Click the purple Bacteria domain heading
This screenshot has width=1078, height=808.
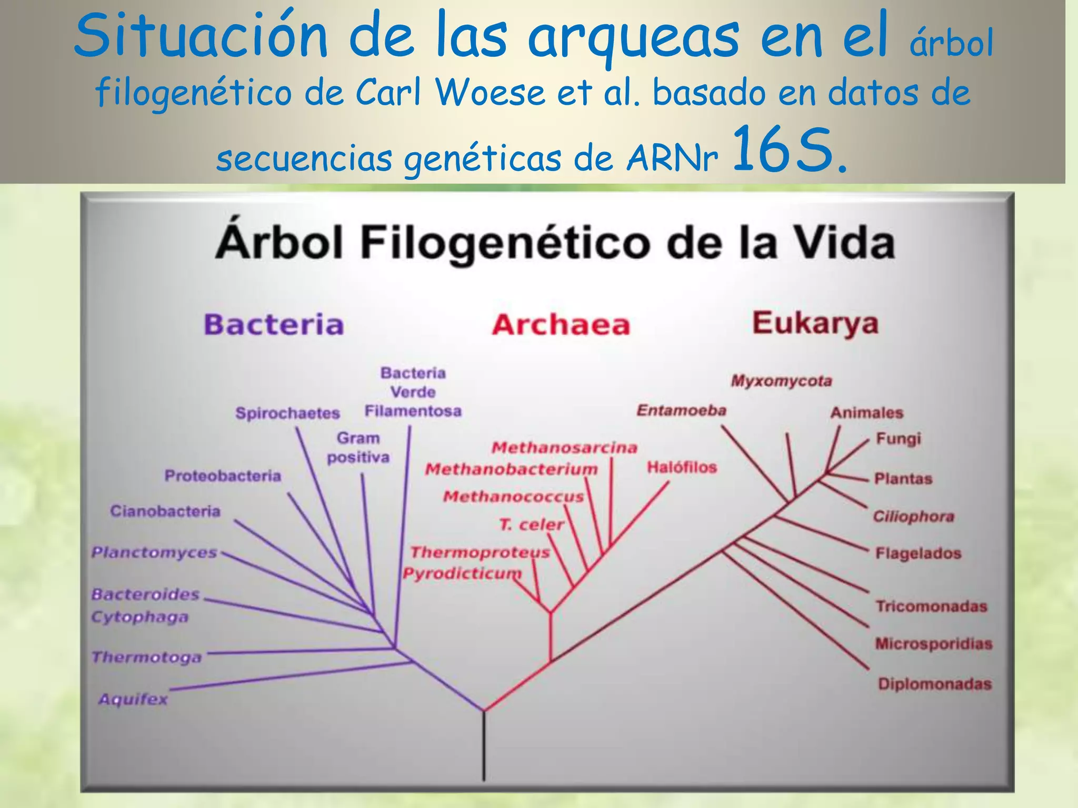tap(274, 324)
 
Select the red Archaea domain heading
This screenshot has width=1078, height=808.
tap(561, 325)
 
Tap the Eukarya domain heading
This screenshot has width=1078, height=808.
tap(815, 323)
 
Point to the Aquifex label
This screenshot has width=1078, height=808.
tap(133, 700)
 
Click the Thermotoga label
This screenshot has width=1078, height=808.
tap(147, 657)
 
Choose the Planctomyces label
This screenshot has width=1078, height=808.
tap(154, 552)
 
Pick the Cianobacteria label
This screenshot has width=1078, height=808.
tap(165, 511)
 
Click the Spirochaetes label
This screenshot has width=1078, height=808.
tap(287, 413)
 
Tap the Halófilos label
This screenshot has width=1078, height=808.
tap(682, 467)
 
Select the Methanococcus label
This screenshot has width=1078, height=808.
tap(513, 497)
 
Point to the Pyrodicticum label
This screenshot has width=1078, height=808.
tap(462, 573)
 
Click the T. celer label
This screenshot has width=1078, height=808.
tap(531, 524)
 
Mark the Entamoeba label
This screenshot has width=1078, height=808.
tap(681, 410)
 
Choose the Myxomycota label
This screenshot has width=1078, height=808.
tap(781, 381)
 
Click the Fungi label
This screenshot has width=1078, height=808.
tap(899, 439)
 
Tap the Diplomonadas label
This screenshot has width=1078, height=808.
tap(935, 684)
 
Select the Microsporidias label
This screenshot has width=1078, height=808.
tap(934, 644)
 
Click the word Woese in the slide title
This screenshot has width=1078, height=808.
tap(490, 93)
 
